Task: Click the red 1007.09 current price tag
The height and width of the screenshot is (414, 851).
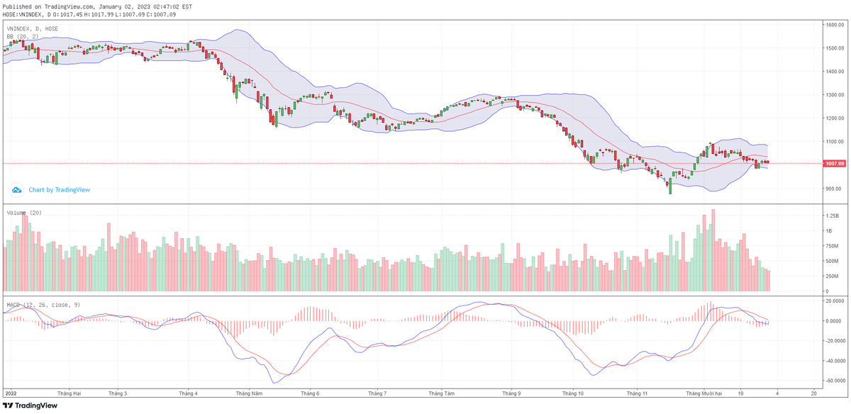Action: (x=834, y=164)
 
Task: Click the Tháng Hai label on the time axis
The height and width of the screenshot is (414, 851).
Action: (x=69, y=392)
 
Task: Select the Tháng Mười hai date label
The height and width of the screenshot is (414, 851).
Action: (x=703, y=392)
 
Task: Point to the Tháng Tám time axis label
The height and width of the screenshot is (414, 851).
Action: (x=441, y=392)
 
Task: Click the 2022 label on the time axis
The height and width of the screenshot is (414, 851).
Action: (x=10, y=392)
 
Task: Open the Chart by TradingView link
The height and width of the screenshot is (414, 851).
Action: (x=59, y=190)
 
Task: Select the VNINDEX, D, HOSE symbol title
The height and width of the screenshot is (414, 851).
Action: (x=33, y=28)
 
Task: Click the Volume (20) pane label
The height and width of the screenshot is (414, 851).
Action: (x=24, y=213)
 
